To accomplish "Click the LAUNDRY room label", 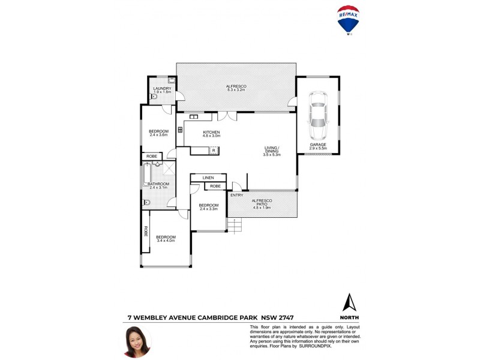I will [162, 89].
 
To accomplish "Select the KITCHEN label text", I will [211, 132].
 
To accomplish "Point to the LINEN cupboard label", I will [208, 178].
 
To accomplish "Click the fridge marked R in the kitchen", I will [213, 150].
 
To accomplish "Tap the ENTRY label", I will [237, 195].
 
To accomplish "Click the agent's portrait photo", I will [137, 341].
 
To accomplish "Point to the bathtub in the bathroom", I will [147, 173].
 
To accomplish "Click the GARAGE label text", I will [318, 145].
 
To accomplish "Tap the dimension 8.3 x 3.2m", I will [236, 91].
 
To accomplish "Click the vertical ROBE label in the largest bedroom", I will [145, 230].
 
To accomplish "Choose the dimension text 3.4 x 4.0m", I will [165, 241].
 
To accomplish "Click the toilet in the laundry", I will [154, 96].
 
